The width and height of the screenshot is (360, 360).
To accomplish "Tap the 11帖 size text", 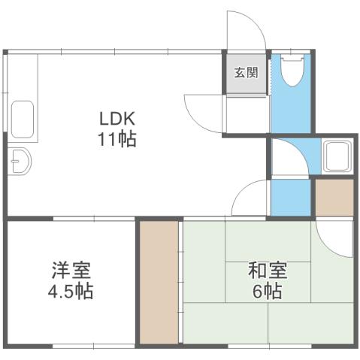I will point(116,140).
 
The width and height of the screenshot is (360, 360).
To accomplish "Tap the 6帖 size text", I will point(267,291).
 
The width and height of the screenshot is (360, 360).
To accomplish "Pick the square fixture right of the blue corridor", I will point(335,156).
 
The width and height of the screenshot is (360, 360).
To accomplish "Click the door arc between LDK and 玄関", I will point(203,113).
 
